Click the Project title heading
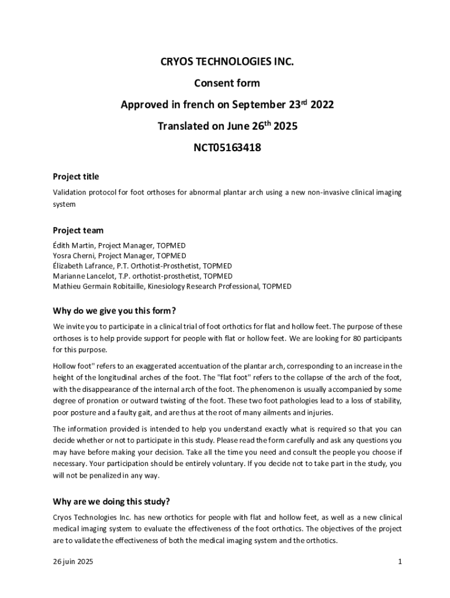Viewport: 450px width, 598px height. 76,176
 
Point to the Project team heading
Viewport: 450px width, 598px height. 78,230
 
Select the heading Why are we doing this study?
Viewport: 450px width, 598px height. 111,501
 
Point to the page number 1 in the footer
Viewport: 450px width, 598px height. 400,562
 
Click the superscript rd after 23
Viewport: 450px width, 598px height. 304,102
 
